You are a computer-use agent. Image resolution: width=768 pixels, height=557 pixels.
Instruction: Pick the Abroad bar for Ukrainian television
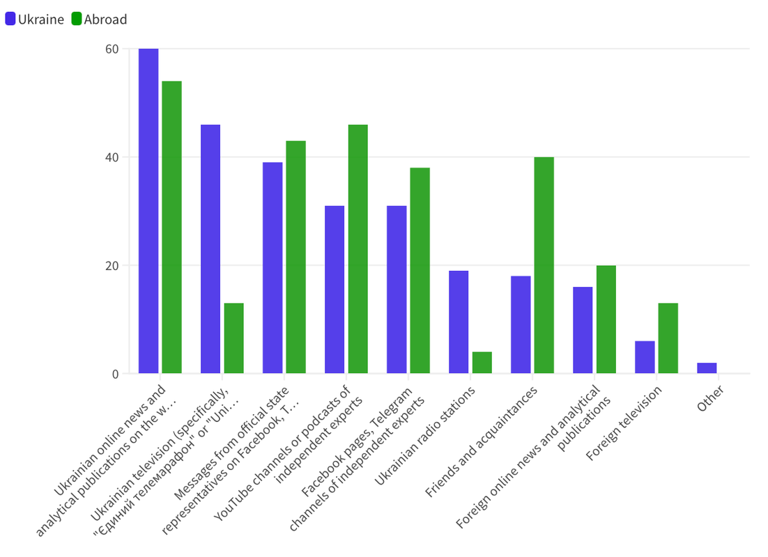[233, 338]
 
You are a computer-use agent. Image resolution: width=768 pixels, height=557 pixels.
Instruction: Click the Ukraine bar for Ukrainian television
[210, 249]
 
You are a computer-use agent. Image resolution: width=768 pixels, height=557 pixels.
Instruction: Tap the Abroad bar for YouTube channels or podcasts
[358, 249]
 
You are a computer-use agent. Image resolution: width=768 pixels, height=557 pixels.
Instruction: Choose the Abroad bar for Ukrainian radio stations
[482, 363]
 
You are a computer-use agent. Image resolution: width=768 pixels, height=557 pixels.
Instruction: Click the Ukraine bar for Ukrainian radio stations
[459, 322]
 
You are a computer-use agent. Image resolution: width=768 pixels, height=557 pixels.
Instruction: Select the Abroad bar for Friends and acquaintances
[544, 265]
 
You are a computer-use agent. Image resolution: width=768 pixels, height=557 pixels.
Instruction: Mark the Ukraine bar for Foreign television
[645, 357]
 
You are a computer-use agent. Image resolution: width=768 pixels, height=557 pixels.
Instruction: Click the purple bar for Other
[707, 368]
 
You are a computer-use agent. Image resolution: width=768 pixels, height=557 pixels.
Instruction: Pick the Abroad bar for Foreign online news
[606, 320]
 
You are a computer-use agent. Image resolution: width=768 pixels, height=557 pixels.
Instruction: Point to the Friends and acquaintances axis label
[482, 441]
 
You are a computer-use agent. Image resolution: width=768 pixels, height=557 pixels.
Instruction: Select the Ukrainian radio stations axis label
[425, 436]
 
